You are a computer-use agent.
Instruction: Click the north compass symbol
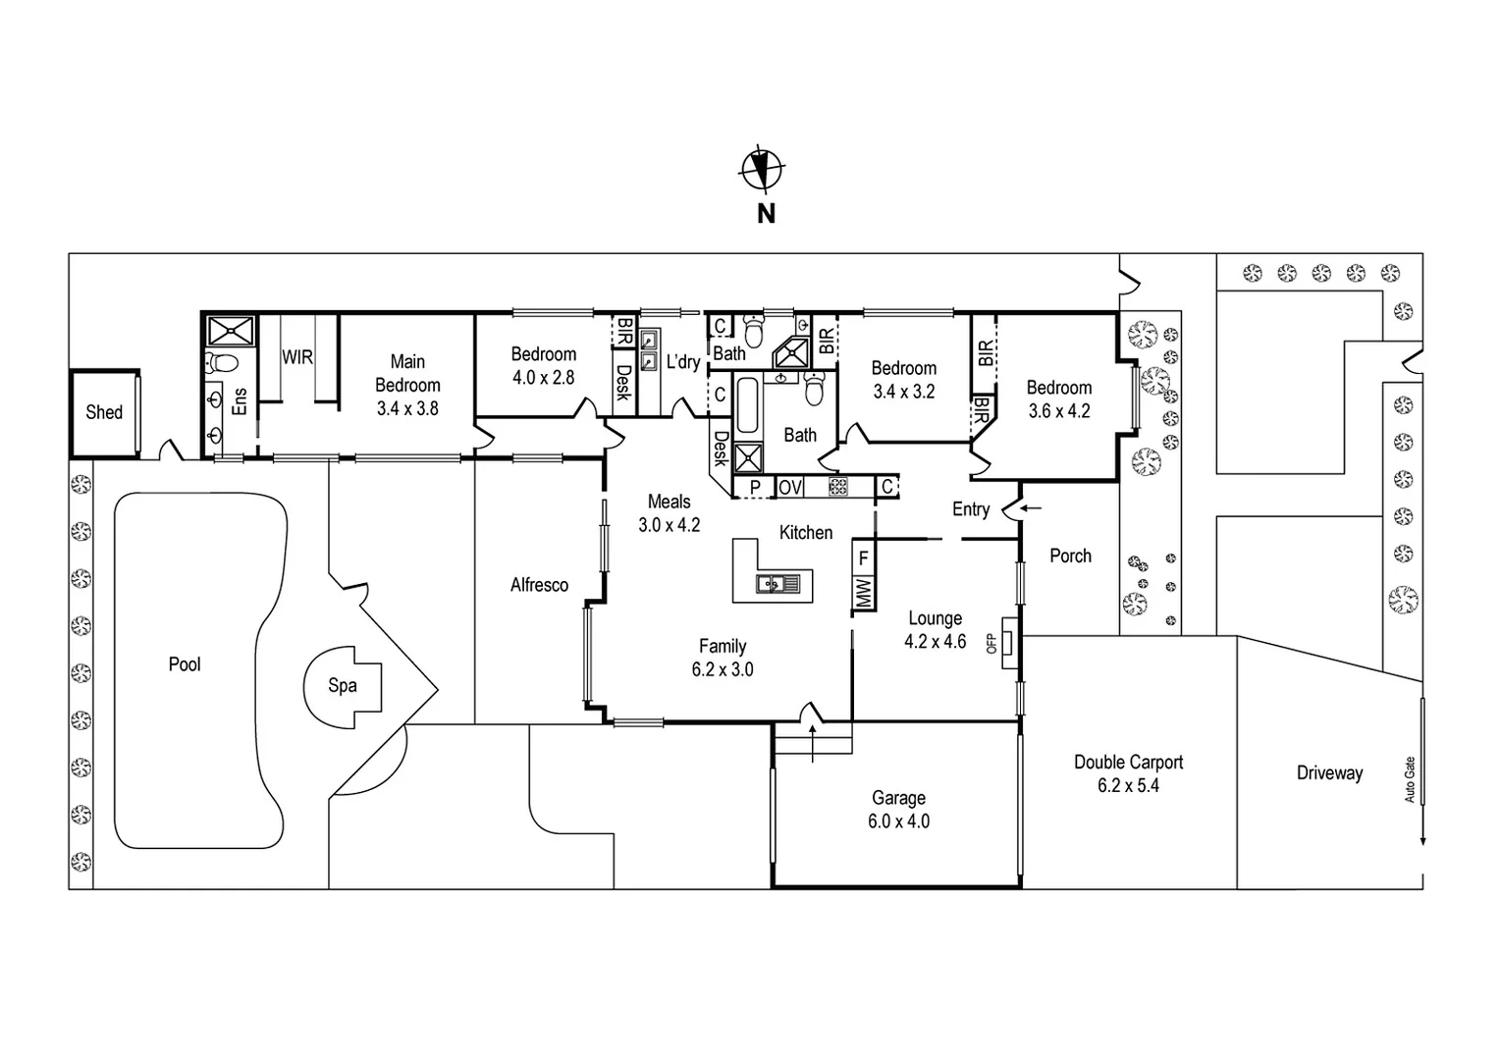point(761,168)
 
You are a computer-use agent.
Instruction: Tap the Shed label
point(104,412)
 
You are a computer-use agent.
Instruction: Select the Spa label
point(342,685)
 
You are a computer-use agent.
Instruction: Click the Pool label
point(185,664)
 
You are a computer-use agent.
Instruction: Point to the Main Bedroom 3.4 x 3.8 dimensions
point(407,409)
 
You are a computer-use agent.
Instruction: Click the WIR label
point(297,357)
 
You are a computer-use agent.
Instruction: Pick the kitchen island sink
point(777,585)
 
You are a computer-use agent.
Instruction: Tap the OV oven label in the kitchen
point(790,487)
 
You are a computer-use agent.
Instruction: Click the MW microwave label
point(864,594)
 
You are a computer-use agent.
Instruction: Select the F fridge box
point(864,559)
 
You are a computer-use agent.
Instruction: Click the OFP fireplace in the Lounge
point(1008,643)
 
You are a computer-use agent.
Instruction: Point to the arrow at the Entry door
point(1031,508)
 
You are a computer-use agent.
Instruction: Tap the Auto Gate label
point(1410,779)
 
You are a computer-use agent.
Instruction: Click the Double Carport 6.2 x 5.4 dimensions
point(1128,786)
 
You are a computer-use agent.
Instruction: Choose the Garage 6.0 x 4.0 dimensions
point(898,821)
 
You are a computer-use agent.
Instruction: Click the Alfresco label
point(539,585)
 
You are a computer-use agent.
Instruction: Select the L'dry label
point(683,362)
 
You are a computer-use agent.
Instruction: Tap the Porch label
point(1070,556)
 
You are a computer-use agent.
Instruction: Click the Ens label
point(240,400)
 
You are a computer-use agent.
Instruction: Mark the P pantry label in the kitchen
point(755,487)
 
